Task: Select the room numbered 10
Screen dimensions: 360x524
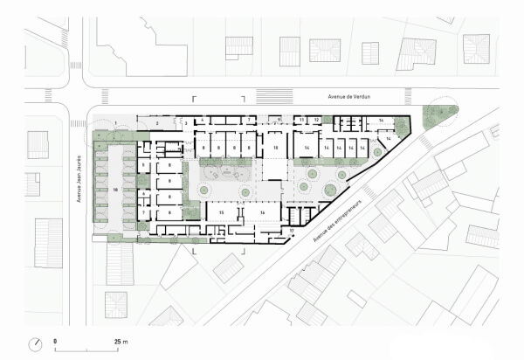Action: pyautogui.click(x=276, y=149)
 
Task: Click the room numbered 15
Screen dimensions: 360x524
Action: pyautogui.click(x=222, y=212)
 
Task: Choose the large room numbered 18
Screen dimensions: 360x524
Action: pyautogui.click(x=115, y=189)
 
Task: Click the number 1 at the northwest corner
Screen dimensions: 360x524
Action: pyautogui.click(x=114, y=122)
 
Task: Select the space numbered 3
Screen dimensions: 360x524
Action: pyautogui.click(x=185, y=125)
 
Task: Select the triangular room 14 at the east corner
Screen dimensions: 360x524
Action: pyautogui.click(x=390, y=140)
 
